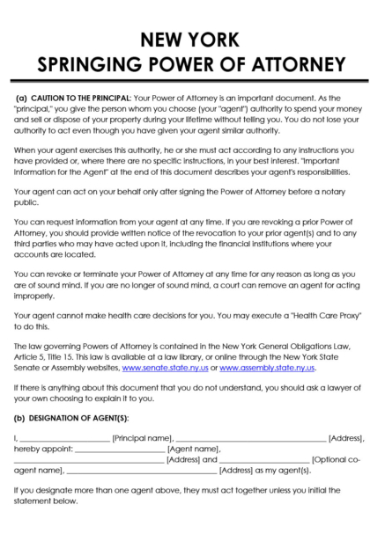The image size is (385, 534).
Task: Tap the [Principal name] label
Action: tap(142, 436)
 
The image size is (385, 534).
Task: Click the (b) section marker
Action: tap(21, 417)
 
